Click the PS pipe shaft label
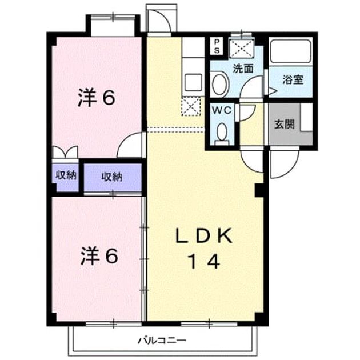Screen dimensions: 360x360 tap(217, 46)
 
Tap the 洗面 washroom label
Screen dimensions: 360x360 tap(243, 68)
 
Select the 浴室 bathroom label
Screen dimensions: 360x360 tap(293, 79)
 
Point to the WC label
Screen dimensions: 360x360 tap(222, 110)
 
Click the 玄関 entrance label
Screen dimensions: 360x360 tap(285, 125)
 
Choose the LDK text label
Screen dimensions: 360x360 tap(204, 236)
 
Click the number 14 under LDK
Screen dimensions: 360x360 tap(204, 262)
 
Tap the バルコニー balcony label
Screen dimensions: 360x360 tap(162, 340)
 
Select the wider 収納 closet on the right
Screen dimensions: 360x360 tap(113, 177)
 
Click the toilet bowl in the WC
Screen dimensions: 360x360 tap(222, 134)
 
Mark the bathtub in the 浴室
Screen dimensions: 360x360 tap(291, 51)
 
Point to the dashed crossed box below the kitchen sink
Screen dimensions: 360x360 tap(191, 106)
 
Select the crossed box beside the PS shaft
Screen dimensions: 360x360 tap(242, 48)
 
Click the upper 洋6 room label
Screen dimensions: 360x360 tap(96, 98)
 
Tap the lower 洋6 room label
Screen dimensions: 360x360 tap(99, 256)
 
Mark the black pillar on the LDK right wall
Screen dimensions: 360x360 tap(260, 190)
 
